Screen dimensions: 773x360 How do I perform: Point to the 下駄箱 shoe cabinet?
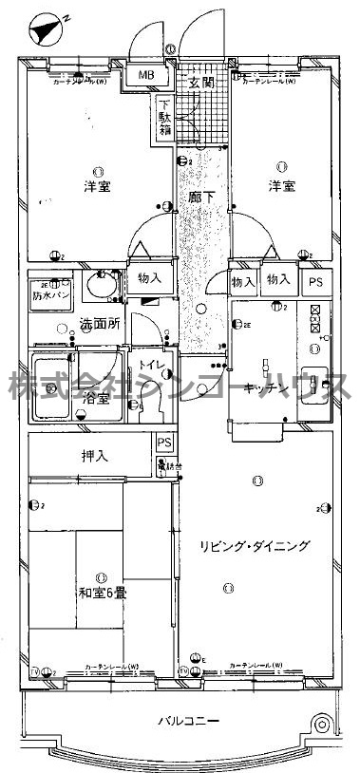tap(165, 117)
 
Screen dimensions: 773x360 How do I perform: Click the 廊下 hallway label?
tap(199, 198)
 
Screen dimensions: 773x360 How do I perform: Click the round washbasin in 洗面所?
tap(98, 284)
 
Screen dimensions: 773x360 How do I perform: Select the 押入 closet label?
tap(94, 457)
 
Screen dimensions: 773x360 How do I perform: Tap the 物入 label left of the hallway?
tap(150, 278)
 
